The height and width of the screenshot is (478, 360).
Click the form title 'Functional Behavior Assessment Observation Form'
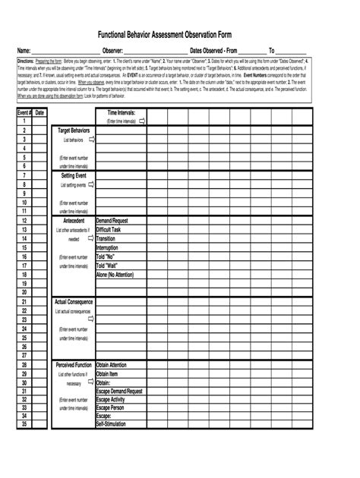pos(180,35)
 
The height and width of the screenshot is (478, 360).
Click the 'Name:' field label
pos(24,50)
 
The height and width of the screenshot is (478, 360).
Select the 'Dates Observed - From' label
pos(214,50)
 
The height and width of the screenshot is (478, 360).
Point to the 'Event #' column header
pos(24,112)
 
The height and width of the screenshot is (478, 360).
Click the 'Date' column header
pos(39,112)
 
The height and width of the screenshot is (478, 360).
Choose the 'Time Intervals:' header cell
pos(122,112)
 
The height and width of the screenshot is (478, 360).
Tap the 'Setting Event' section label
pos(74,175)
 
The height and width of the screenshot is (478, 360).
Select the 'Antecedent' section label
pos(74,221)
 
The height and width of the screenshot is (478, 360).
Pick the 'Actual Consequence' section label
pos(74,302)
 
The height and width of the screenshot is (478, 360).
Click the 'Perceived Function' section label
pos(74,365)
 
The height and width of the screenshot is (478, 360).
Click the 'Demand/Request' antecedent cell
pos(112,221)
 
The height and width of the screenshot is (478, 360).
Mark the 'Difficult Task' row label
pos(109,229)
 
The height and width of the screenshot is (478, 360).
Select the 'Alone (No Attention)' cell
pos(115,275)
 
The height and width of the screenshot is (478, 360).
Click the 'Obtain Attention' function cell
pos(112,365)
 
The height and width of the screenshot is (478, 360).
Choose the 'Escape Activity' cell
pos(111,399)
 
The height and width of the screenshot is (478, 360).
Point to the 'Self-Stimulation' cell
pos(111,424)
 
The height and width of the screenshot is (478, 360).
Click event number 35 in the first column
pos(24,424)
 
